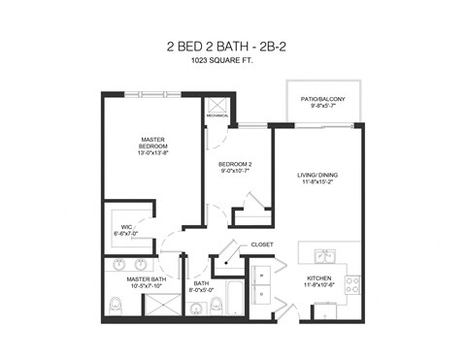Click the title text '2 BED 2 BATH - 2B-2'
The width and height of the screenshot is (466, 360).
pos(232,47)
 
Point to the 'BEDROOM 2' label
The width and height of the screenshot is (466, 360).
pos(235,165)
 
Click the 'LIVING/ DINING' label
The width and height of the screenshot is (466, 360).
pos(317,176)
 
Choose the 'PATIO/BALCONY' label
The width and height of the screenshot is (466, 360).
pos(324,99)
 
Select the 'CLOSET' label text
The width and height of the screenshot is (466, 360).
pos(262,245)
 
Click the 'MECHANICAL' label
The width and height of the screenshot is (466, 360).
pos(216,118)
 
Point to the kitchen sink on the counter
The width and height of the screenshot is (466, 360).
pos(323,256)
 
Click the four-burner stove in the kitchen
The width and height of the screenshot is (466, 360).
pos(352,285)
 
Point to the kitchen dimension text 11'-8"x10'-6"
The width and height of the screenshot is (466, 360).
pos(319,286)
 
